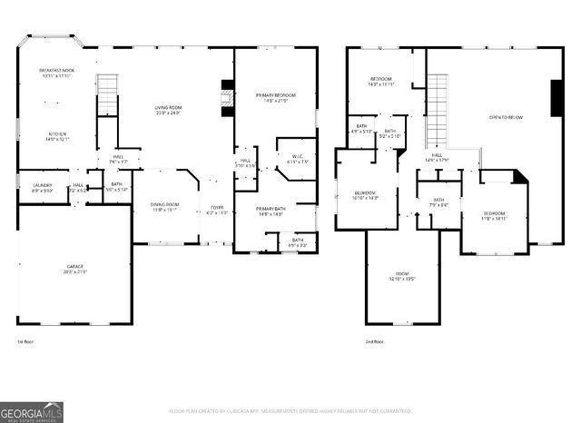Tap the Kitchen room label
point(57,137)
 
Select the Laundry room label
point(42,188)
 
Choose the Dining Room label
point(165,207)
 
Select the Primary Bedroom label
point(275,97)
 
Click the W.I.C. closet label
point(297,160)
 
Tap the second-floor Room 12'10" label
point(401,277)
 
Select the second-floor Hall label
point(437,158)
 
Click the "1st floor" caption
point(25,341)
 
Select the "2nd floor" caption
point(373,341)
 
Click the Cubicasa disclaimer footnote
point(290,410)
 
